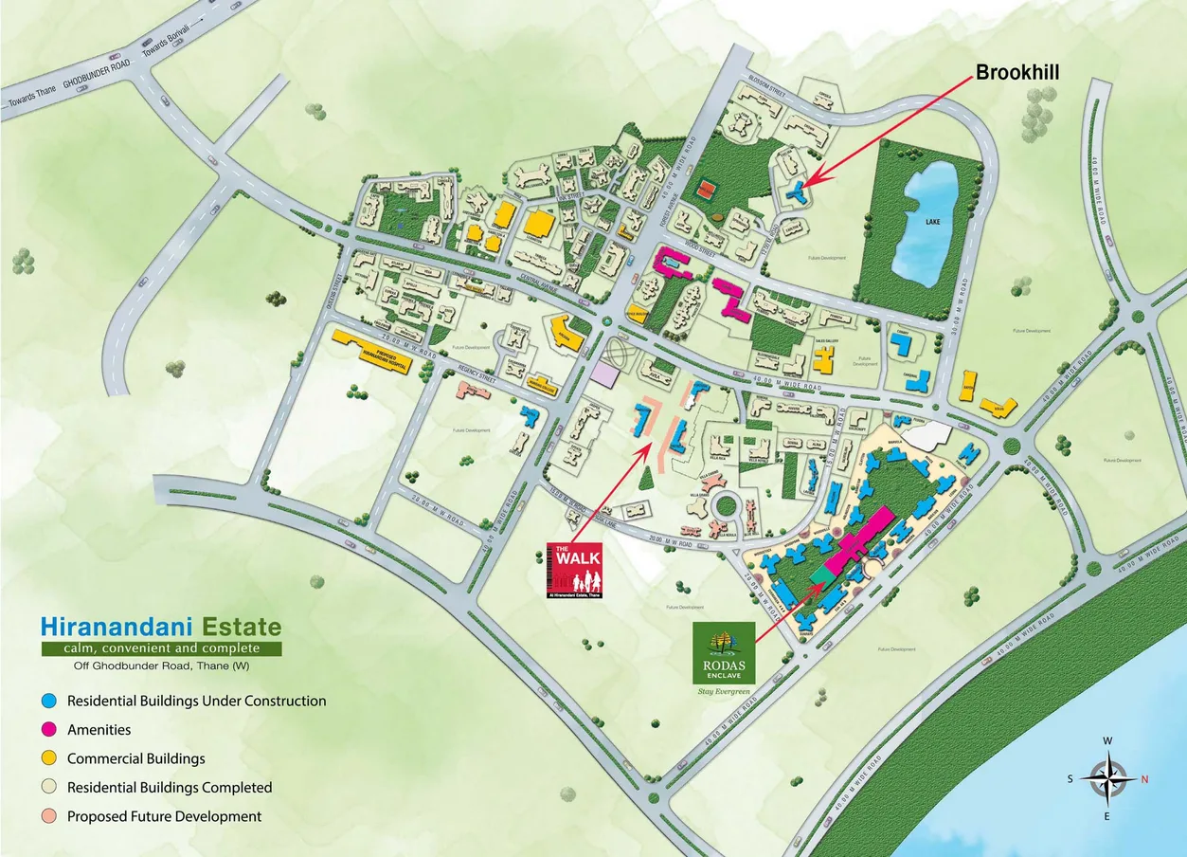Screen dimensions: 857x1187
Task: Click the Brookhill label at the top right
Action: click(x=1016, y=72)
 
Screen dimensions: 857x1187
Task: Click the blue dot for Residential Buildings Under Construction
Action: click(x=49, y=701)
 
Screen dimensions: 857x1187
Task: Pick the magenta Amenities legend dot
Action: click(x=49, y=730)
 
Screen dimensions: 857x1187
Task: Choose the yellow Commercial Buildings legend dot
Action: click(x=49, y=758)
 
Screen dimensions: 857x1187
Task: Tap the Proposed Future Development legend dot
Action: click(x=49, y=816)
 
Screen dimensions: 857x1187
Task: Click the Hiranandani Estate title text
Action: click(x=160, y=627)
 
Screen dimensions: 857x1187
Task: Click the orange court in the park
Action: click(x=704, y=190)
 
